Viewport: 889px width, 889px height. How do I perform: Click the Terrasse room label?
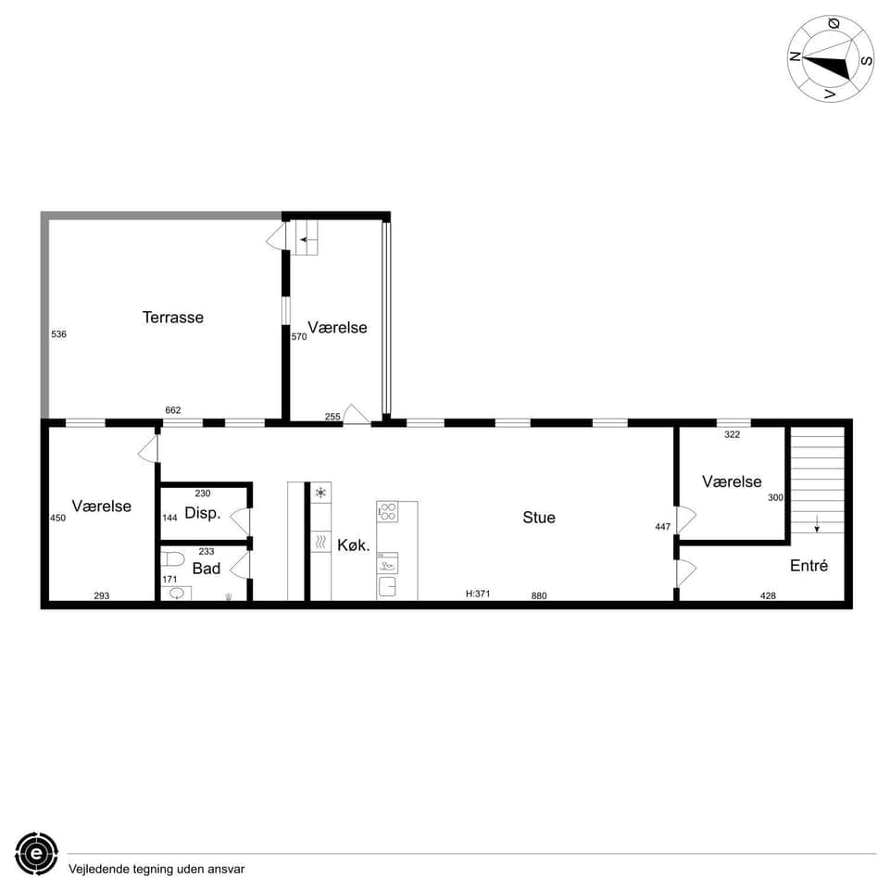click(172, 318)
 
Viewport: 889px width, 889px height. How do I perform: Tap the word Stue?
click(539, 518)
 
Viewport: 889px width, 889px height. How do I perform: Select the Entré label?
click(808, 566)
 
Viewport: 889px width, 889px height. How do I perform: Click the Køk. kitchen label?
click(354, 546)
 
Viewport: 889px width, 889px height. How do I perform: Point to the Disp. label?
click(203, 513)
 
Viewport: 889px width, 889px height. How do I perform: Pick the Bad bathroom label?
click(207, 569)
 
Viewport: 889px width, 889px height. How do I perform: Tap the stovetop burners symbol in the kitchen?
click(388, 511)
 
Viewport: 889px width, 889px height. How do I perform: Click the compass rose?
click(831, 58)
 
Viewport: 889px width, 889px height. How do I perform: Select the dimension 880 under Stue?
click(539, 595)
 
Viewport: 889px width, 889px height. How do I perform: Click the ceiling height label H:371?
click(478, 595)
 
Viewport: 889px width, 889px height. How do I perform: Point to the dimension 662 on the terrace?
click(172, 410)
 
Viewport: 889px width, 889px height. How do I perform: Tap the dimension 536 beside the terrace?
click(58, 333)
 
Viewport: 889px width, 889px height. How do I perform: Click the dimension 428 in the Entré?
click(768, 595)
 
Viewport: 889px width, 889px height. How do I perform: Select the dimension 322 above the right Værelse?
click(732, 433)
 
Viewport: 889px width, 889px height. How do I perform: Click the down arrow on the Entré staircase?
click(817, 523)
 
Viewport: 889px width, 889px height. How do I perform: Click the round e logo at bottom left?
click(36, 853)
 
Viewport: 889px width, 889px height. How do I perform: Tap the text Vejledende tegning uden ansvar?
click(157, 869)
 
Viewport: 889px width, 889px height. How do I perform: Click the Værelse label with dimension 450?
click(101, 507)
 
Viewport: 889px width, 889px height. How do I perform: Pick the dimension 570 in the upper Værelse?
click(298, 337)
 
